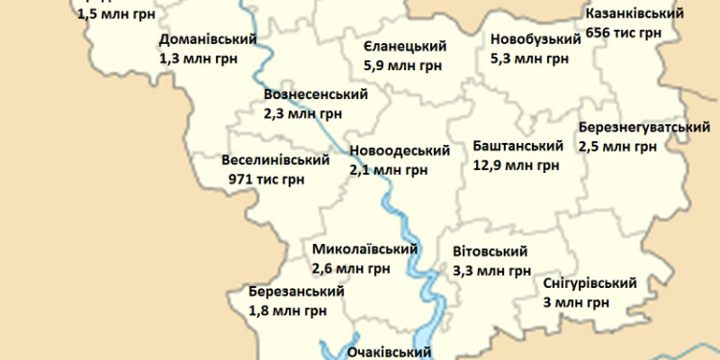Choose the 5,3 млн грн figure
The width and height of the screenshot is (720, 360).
coord(528,58)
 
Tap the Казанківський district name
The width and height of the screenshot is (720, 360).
coord(634,14)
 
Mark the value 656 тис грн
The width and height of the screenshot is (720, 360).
coord(623,33)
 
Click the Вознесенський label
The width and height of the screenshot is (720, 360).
coord(315,94)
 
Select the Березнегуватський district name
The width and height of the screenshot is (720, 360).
coord(643,128)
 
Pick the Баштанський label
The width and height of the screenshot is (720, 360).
coord(517,146)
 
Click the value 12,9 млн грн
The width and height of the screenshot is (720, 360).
coord(516,165)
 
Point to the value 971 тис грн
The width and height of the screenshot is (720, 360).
coord(267,179)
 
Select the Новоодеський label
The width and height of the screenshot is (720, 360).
coord(399,151)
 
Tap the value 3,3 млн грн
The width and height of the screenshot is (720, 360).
coord(492,271)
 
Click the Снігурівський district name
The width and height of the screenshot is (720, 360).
coord(589,283)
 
